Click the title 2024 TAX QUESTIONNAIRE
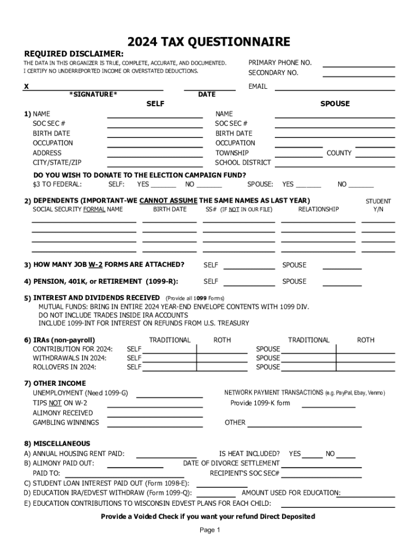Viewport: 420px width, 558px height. tap(209, 43)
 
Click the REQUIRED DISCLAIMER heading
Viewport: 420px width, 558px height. tap(74, 54)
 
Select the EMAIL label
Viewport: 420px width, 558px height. tap(257, 87)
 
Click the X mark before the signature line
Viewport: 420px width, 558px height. tap(26, 87)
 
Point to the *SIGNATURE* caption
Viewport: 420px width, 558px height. tap(93, 94)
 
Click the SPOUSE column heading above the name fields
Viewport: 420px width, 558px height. tap(335, 104)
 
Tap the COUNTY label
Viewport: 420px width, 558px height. tap(339, 153)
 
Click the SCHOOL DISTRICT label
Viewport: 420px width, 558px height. tap(243, 162)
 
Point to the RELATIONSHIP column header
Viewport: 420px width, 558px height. tap(318, 209)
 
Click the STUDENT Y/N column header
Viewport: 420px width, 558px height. tap(378, 205)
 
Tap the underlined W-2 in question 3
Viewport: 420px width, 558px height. tap(95, 265)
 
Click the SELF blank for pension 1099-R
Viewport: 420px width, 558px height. tap(249, 284)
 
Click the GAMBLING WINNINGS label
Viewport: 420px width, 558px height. tap(66, 423)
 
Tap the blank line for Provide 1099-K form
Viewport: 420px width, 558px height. tap(328, 406)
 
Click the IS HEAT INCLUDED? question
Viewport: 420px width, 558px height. tap(249, 453)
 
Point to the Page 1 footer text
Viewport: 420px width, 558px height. tap(209, 530)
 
